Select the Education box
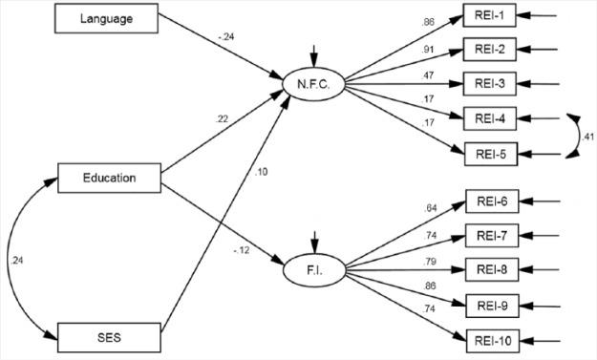[109, 176]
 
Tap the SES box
[109, 336]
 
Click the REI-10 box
[495, 338]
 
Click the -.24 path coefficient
[226, 38]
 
